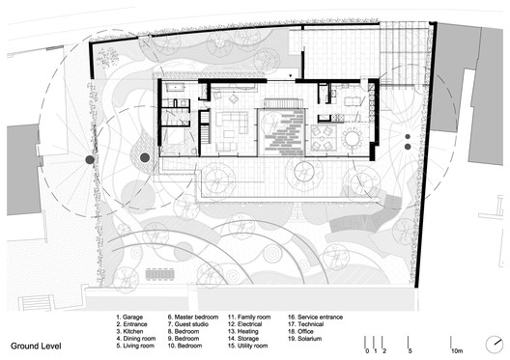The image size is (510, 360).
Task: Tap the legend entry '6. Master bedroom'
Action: (x=197, y=317)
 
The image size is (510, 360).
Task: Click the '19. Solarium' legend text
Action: (x=305, y=337)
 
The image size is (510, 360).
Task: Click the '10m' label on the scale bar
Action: (x=456, y=350)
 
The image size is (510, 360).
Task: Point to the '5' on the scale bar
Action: (x=410, y=350)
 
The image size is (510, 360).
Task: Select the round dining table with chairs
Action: (x=352, y=138)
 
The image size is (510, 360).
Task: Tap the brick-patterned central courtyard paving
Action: (x=282, y=131)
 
